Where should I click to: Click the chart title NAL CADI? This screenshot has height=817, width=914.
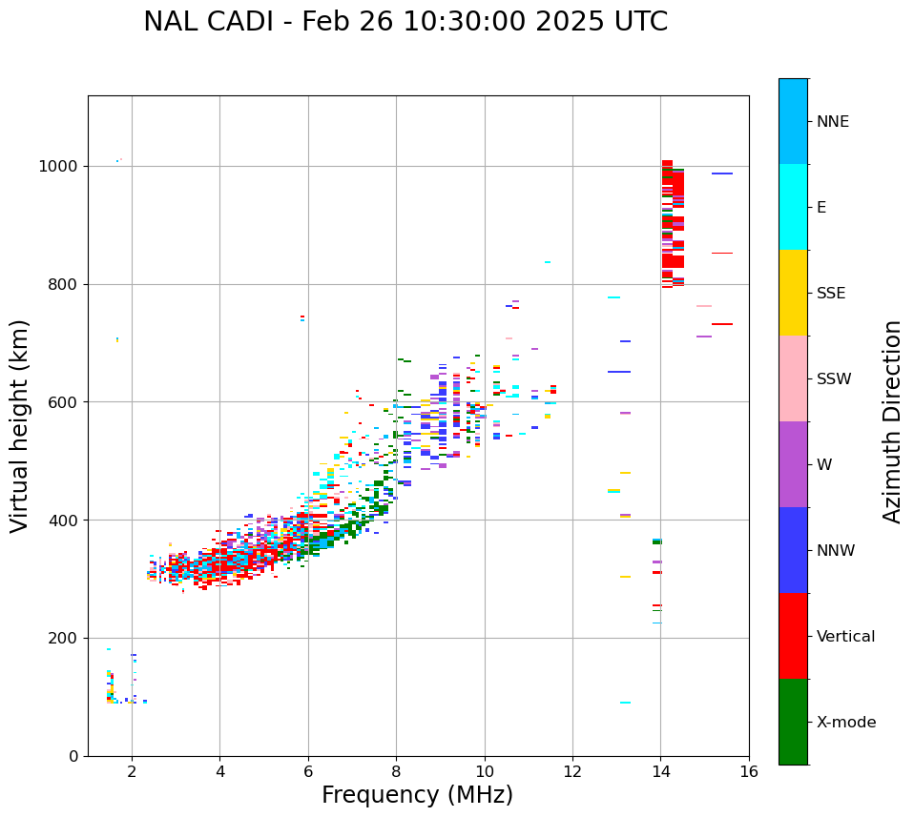point(405,22)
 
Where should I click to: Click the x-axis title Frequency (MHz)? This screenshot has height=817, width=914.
point(417,795)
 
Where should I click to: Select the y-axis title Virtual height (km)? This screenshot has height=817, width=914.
point(20,425)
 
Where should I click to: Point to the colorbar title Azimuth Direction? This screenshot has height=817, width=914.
point(892,421)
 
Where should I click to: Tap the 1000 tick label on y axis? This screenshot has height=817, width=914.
point(58,166)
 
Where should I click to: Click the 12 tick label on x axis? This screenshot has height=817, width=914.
point(572,771)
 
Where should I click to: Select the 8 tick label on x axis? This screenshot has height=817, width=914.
point(396,771)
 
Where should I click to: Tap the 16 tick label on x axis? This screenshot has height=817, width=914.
point(749,771)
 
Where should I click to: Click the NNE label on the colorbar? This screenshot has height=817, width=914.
point(832,122)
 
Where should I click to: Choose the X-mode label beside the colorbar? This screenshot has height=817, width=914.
point(845,723)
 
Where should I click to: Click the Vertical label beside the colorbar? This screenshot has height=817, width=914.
point(845,637)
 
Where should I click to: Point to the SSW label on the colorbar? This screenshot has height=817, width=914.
point(834,379)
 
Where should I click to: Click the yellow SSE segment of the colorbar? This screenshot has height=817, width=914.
point(793,293)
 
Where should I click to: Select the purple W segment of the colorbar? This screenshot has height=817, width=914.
point(793,464)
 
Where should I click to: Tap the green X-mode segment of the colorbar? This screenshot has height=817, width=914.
point(793,722)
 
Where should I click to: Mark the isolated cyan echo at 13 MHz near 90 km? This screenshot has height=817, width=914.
point(625,703)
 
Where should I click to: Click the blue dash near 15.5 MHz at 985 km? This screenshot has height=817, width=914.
point(722,174)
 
